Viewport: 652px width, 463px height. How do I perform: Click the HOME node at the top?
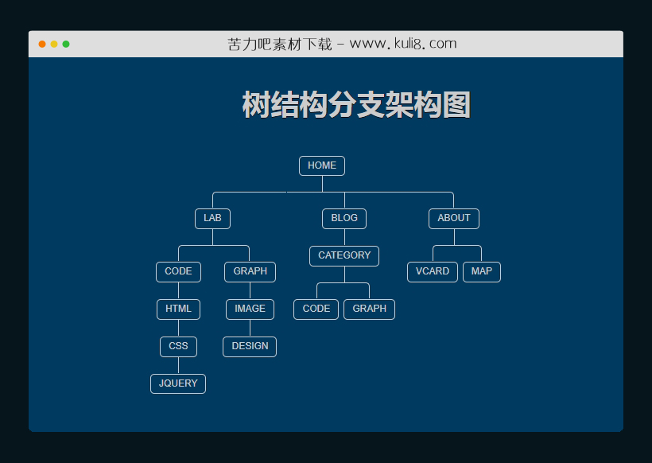pyautogui.click(x=321, y=165)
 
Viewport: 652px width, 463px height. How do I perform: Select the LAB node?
pyautogui.click(x=212, y=218)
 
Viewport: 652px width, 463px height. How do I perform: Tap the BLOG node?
pyautogui.click(x=344, y=218)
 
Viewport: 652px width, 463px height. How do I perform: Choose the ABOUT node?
pyautogui.click(x=453, y=218)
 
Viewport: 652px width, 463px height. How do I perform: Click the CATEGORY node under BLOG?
pyautogui.click(x=344, y=255)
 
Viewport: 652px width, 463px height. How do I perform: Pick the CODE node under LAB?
pyautogui.click(x=178, y=271)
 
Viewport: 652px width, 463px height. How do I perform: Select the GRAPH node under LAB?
pyautogui.click(x=250, y=271)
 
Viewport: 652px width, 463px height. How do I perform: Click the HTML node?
pyautogui.click(x=178, y=309)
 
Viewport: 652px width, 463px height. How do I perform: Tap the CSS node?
pyautogui.click(x=178, y=346)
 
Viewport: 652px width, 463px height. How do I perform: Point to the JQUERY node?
pyautogui.click(x=178, y=383)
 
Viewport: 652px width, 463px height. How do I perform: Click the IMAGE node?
pyautogui.click(x=250, y=309)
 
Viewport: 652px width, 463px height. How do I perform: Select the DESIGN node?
pyautogui.click(x=250, y=346)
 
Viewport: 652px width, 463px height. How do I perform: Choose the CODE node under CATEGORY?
pyautogui.click(x=316, y=309)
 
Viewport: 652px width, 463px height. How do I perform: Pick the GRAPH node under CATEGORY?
pyautogui.click(x=369, y=309)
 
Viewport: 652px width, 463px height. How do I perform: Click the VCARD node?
pyautogui.click(x=433, y=271)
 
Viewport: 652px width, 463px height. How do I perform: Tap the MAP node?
pyautogui.click(x=481, y=271)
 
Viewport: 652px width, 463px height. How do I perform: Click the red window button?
pyautogui.click(x=42, y=44)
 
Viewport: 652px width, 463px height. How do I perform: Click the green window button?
pyautogui.click(x=66, y=44)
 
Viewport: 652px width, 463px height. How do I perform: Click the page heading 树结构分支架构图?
pyautogui.click(x=355, y=105)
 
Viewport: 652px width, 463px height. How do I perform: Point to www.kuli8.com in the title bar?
pyautogui.click(x=403, y=44)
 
